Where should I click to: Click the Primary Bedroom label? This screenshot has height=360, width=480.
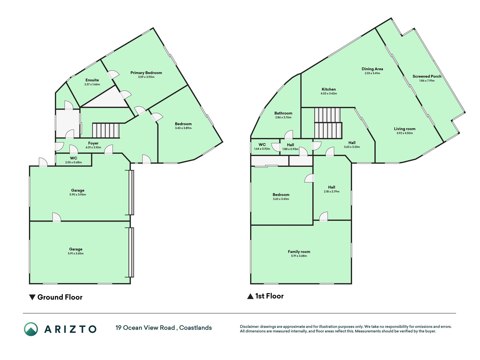(146, 73)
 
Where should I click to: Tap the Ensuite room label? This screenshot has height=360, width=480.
(92, 80)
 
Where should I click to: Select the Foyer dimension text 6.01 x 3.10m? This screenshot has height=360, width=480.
(93, 147)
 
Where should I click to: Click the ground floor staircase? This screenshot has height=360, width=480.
(106, 130)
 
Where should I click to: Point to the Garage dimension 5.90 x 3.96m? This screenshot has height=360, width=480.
(78, 195)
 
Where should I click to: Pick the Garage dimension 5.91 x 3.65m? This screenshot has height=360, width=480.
(76, 253)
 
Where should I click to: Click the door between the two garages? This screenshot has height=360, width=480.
(57, 217)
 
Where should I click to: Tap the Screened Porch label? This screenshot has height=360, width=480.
(427, 76)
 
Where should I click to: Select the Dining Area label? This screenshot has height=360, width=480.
(372, 69)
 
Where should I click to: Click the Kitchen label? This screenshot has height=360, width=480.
(329, 89)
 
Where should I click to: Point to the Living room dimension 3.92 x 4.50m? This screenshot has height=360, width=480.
(405, 133)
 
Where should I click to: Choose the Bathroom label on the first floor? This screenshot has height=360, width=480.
(283, 113)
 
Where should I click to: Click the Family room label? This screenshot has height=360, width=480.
(299, 252)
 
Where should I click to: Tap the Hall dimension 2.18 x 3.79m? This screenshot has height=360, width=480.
(332, 192)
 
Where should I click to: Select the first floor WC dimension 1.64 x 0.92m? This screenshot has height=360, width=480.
(262, 149)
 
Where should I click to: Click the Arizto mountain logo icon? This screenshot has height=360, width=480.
(31, 329)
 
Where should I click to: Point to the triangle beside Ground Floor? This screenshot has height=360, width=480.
(32, 297)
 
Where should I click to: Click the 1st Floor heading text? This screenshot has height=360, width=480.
(269, 296)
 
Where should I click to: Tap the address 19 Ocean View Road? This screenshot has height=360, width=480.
(145, 328)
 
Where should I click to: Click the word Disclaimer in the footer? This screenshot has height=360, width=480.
(249, 327)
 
